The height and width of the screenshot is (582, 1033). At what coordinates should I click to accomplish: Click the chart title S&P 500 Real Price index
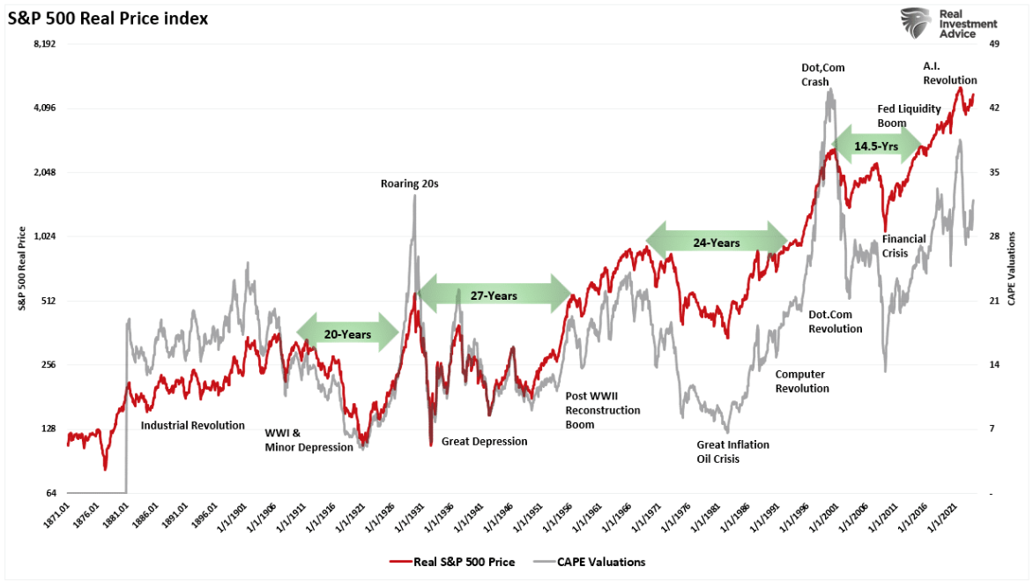108,18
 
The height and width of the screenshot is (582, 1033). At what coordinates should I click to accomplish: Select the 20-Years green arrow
347,333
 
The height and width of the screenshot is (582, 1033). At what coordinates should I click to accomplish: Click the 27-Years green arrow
494,295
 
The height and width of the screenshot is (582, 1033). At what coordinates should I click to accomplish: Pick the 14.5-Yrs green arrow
876,145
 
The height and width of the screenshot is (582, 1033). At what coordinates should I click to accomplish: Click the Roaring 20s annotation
409,184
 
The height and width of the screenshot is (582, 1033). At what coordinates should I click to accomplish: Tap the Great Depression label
484,441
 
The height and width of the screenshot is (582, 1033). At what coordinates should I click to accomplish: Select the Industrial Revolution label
193,425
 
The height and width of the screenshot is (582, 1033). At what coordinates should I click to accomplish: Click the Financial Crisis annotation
903,246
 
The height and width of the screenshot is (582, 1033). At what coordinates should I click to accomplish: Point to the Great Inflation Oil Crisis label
732,451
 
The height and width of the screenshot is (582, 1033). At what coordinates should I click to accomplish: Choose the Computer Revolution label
802,381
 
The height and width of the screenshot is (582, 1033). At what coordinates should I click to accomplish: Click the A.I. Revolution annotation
949,73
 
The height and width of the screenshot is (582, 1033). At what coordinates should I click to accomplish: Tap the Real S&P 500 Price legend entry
451,562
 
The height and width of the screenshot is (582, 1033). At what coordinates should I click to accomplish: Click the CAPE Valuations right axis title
1012,268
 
